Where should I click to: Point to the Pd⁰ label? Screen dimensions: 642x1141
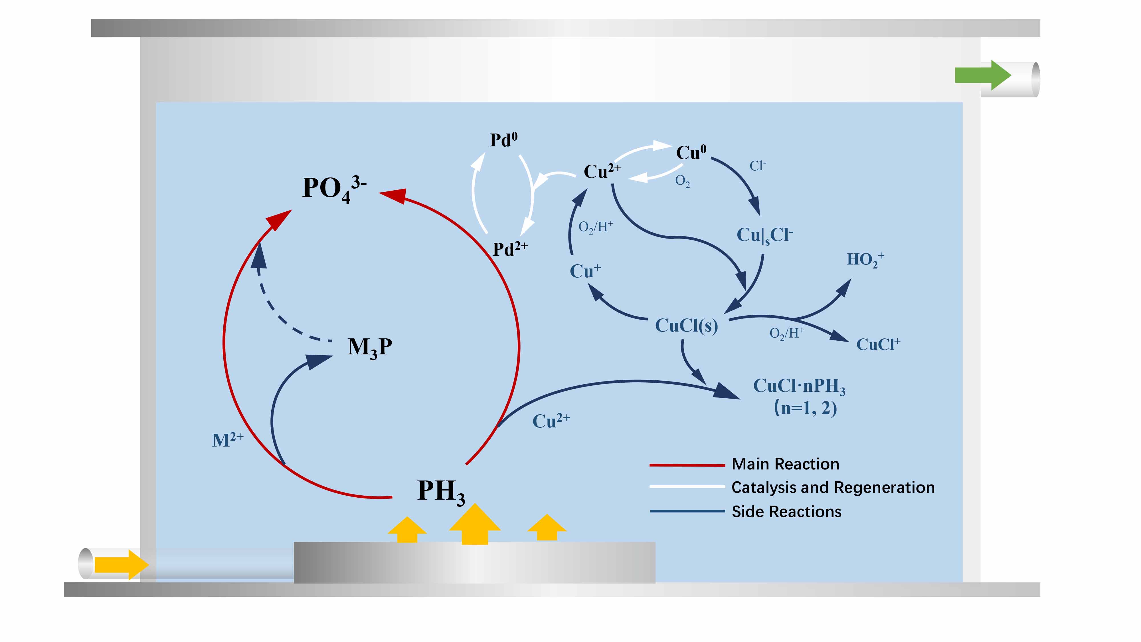tap(504, 140)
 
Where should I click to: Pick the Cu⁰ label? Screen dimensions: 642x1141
tap(691, 153)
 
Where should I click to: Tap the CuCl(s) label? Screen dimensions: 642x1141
tap(686, 326)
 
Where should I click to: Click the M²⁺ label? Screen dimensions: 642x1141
tap(228, 440)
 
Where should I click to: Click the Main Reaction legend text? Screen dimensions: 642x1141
tap(785, 464)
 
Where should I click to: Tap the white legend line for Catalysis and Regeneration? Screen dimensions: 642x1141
tap(687, 486)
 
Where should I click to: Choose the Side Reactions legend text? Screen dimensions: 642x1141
tap(786, 512)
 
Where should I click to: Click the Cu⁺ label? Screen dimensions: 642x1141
tap(585, 271)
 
